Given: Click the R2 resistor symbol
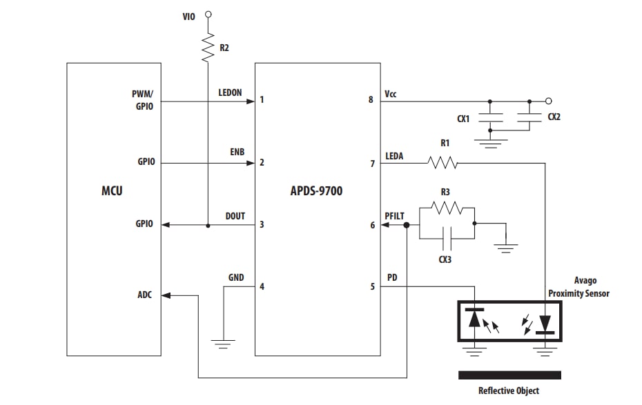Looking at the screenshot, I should point(208,48).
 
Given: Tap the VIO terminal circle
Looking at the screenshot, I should point(208,14).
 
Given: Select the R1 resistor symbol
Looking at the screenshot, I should point(442,163).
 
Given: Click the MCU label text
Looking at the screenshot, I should point(112,190).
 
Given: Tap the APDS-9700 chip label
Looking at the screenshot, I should point(317,190).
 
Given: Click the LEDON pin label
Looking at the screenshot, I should point(230,92).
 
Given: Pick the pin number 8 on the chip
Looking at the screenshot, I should point(371,100).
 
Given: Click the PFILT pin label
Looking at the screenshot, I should point(394,216).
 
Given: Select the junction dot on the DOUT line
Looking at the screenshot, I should point(208,225).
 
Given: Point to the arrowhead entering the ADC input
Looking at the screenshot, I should point(166,295).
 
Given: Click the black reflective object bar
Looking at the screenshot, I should point(509,375).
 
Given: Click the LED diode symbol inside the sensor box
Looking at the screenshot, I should point(545,322).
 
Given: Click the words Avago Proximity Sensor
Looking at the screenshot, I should point(578,287).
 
